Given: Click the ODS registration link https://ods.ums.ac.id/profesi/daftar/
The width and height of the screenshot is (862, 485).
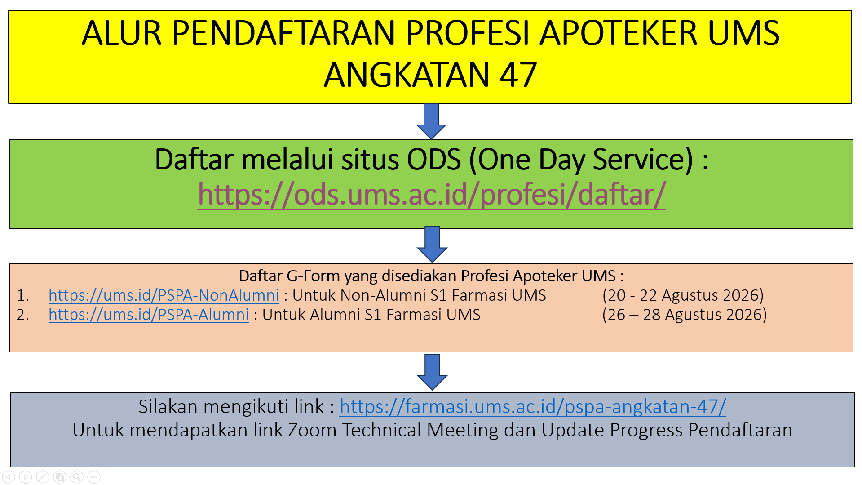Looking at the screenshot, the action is [x=431, y=195].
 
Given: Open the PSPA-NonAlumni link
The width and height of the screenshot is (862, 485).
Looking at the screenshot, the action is [x=164, y=295].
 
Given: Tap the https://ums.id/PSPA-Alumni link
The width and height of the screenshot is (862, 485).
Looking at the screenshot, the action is [x=149, y=315].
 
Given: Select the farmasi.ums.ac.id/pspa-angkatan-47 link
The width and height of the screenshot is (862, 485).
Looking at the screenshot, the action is [x=533, y=407].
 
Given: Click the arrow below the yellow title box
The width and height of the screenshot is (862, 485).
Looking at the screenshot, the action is [x=431, y=121].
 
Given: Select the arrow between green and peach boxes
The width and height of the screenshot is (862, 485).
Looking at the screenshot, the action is [x=432, y=245].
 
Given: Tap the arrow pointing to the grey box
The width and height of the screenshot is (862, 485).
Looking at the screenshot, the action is [x=432, y=372].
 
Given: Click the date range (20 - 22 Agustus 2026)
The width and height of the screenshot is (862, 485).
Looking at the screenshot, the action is [x=683, y=295].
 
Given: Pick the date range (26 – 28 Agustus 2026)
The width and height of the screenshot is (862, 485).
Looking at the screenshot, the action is [x=684, y=315].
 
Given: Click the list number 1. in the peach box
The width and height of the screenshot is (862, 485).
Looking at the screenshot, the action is [x=22, y=296].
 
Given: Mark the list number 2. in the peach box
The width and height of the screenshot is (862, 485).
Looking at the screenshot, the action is [x=22, y=315].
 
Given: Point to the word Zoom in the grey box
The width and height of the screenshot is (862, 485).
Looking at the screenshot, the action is [x=312, y=430].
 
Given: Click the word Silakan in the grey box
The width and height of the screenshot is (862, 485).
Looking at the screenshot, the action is [x=168, y=407].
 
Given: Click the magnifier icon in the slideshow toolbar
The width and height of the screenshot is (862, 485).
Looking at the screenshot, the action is [x=77, y=477].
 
